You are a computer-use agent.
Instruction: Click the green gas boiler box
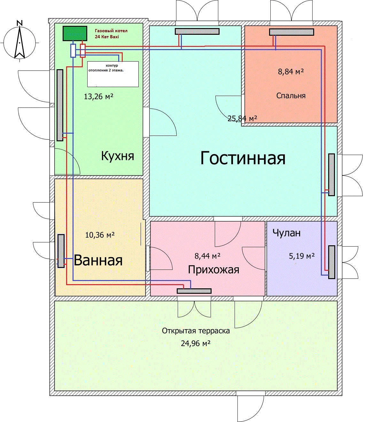[x=75, y=33]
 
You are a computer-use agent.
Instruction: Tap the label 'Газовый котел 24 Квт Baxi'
[x=111, y=34]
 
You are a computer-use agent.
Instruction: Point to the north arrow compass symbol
[x=20, y=41]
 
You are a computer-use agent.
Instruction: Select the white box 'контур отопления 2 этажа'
[x=113, y=74]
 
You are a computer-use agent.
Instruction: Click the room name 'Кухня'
[x=117, y=156]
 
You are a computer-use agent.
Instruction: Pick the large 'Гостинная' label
[x=243, y=158]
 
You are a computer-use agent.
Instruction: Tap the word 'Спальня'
[x=291, y=96]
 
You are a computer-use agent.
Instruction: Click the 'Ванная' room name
[x=98, y=260]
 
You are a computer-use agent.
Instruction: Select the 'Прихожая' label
[x=213, y=270]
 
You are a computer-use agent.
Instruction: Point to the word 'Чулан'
[x=286, y=233]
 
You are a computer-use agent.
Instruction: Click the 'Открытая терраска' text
[x=196, y=331]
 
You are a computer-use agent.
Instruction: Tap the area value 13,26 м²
[x=99, y=96]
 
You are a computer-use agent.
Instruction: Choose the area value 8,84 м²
[x=291, y=71]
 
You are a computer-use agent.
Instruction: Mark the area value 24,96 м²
[x=196, y=344]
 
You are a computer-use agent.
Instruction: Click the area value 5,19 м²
[x=302, y=256]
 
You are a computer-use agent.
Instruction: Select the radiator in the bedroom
[x=291, y=32]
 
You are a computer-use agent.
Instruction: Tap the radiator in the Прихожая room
[x=194, y=291]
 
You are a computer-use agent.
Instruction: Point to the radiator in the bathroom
[x=61, y=251]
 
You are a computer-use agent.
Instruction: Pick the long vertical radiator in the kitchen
[x=60, y=105]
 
